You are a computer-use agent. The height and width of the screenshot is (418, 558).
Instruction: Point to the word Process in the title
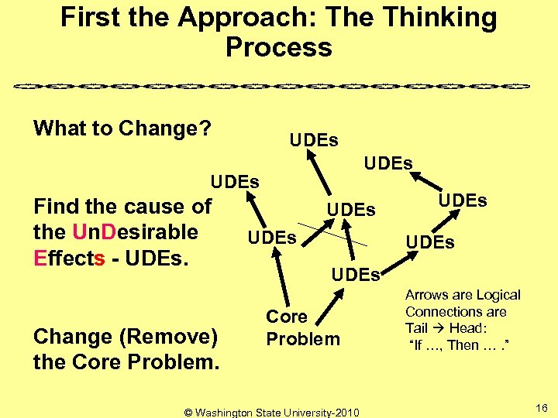coord(279,47)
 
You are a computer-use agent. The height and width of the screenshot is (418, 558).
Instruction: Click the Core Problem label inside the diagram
coord(302,327)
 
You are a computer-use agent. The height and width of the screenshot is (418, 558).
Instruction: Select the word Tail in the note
coord(417,328)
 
